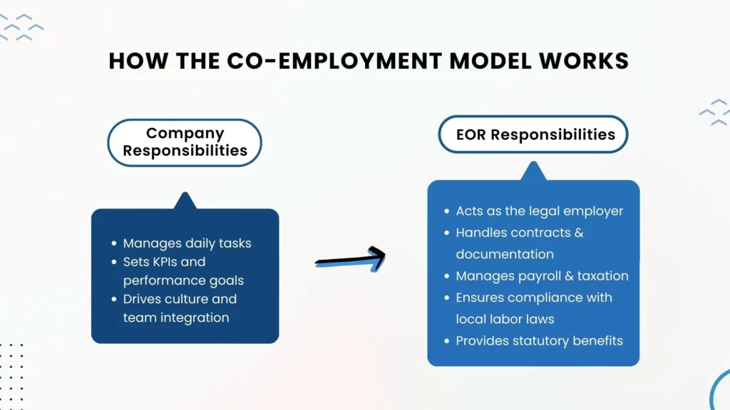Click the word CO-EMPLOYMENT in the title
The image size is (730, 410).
pyautogui.click(x=319, y=61)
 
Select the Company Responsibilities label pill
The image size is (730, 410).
pyautogui.click(x=185, y=142)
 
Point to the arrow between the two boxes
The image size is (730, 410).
pyautogui.click(x=350, y=259)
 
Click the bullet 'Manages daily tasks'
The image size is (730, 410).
pyautogui.click(x=187, y=243)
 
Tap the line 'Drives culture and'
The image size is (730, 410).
pyautogui.click(x=180, y=299)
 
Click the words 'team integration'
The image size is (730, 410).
pyautogui.click(x=176, y=317)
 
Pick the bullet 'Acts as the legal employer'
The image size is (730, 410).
pyautogui.click(x=539, y=211)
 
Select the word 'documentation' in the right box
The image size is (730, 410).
pyautogui.click(x=505, y=254)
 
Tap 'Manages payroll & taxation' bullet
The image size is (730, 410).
pyautogui.click(x=542, y=276)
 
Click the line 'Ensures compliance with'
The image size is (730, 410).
pyautogui.click(x=533, y=298)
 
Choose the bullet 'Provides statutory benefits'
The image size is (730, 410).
pyautogui.click(x=539, y=341)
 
